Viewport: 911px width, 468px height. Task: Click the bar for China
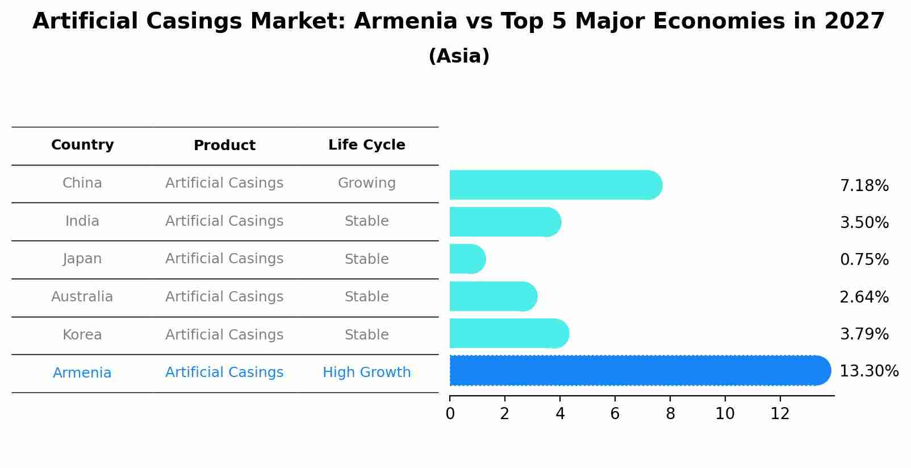[555, 185]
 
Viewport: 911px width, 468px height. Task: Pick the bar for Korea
[509, 333]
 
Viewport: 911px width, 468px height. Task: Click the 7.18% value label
[864, 186]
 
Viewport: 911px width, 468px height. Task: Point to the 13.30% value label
[868, 371]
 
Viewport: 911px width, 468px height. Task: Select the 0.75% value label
[864, 260]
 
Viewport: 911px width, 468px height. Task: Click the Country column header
[82, 145]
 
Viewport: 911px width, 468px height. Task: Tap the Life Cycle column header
[366, 145]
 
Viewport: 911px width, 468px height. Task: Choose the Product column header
[224, 146]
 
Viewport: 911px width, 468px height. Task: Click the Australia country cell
[82, 297]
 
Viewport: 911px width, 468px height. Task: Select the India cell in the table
[82, 221]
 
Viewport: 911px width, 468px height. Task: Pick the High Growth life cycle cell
[366, 372]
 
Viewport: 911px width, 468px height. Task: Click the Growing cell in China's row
[366, 183]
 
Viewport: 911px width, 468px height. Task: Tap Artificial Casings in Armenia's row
[224, 372]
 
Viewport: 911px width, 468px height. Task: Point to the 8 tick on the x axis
[670, 414]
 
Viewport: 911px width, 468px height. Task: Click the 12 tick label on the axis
[780, 414]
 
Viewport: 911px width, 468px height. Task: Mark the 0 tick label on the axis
[450, 414]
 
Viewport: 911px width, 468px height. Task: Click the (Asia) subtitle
[459, 56]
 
